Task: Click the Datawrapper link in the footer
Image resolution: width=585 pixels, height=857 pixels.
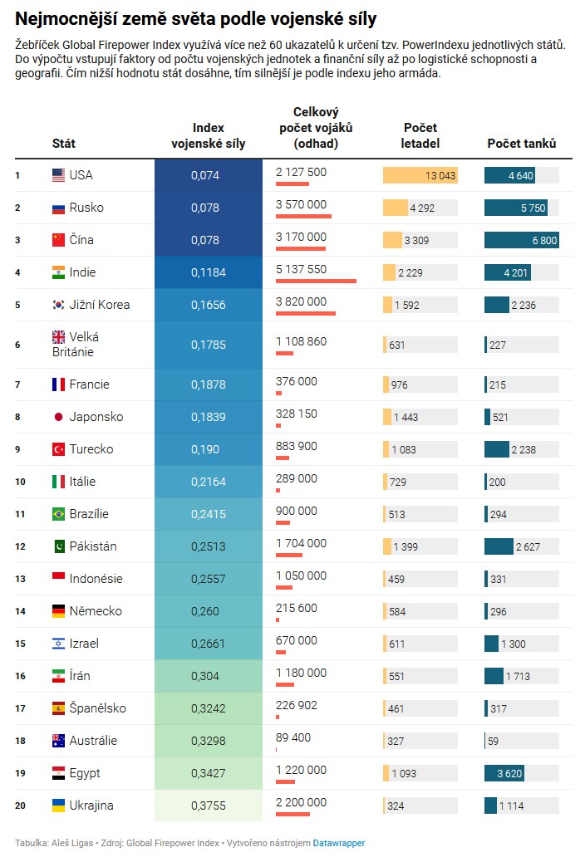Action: (338, 843)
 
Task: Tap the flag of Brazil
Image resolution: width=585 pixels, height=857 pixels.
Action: (58, 514)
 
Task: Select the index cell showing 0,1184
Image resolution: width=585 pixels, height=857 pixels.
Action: (208, 272)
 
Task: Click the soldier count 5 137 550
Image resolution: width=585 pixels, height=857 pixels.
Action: (301, 269)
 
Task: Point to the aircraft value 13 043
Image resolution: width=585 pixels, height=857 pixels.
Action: (440, 175)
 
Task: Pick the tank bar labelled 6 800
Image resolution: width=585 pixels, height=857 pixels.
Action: (521, 240)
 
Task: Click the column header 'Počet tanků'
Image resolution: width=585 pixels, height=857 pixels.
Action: (521, 143)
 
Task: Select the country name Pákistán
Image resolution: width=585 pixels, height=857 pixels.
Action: (93, 546)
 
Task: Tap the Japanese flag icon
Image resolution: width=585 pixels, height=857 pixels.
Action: (58, 417)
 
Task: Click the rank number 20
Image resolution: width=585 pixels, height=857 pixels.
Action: (20, 806)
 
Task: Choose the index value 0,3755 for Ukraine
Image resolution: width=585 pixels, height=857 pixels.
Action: (208, 806)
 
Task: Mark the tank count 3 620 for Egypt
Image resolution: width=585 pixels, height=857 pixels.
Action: (509, 773)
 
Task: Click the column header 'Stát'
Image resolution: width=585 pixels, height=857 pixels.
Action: (63, 143)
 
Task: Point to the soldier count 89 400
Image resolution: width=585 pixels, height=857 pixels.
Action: (293, 737)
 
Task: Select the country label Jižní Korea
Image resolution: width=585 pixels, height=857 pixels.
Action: (100, 305)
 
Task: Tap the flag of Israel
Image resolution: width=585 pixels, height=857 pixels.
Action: (58, 644)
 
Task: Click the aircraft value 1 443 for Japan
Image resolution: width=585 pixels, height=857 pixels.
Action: (406, 417)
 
